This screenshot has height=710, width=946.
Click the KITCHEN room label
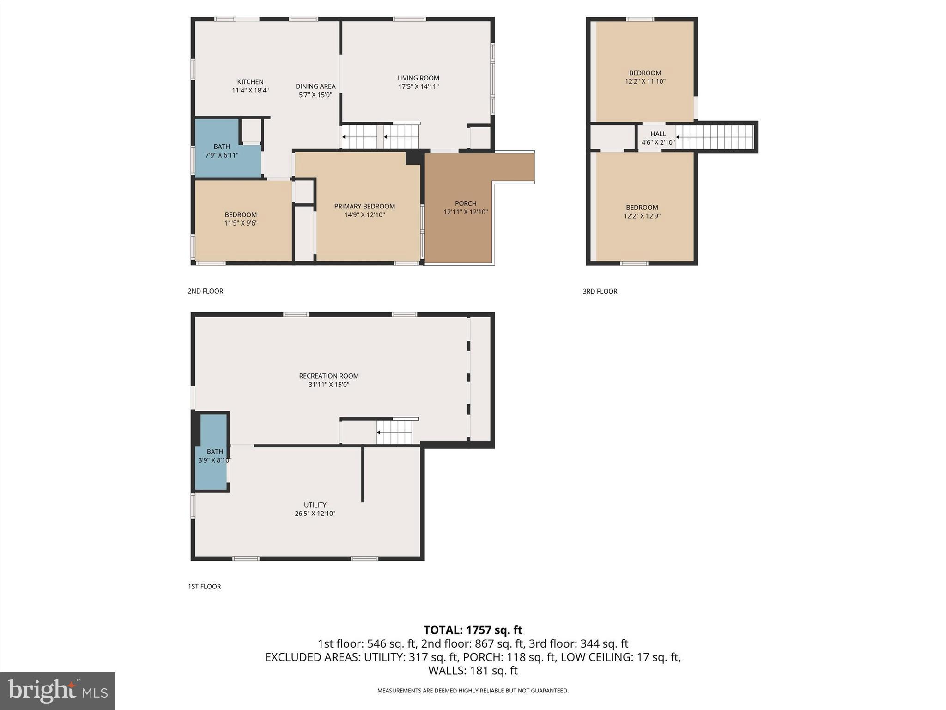point(250,82)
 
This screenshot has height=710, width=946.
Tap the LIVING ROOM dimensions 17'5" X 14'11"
point(418,86)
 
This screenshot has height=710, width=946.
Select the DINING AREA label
point(315,86)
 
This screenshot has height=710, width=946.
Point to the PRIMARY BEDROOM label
point(364,206)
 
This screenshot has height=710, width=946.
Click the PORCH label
point(465,203)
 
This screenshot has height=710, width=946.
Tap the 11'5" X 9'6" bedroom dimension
point(241,223)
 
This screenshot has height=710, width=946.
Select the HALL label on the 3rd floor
point(658,134)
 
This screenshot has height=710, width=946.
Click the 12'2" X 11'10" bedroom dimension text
point(645,81)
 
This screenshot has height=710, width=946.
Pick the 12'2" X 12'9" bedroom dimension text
point(642,216)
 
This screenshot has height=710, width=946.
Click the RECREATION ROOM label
point(328,376)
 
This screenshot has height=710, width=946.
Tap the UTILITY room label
point(315,505)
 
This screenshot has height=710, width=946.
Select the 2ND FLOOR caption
point(205,291)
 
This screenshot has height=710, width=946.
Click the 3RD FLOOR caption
point(600,291)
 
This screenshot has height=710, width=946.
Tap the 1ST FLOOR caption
point(204,586)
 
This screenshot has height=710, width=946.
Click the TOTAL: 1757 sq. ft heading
point(473,630)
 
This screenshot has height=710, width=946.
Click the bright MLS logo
point(57,691)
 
